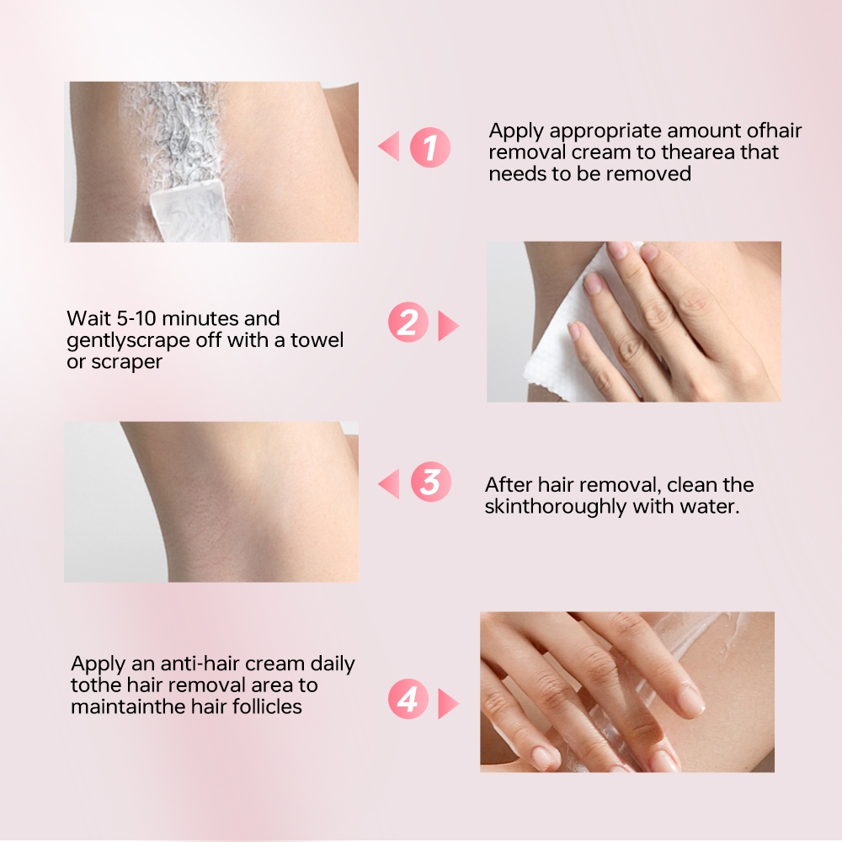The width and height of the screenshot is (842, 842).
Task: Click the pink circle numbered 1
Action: tap(430, 147)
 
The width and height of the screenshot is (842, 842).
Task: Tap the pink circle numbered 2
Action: tap(408, 322)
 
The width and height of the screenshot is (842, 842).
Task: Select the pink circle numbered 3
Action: tap(430, 482)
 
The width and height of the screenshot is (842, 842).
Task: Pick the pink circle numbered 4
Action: tap(408, 699)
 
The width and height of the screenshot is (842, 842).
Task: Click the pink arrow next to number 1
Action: tap(389, 146)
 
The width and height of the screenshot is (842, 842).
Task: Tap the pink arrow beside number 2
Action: tap(449, 325)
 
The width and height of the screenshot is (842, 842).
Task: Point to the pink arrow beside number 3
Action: tap(389, 483)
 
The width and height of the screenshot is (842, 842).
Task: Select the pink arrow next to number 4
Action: tap(449, 703)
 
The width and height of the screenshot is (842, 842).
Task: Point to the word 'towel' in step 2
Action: tap(317, 340)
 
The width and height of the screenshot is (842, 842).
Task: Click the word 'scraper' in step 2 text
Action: tap(127, 362)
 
